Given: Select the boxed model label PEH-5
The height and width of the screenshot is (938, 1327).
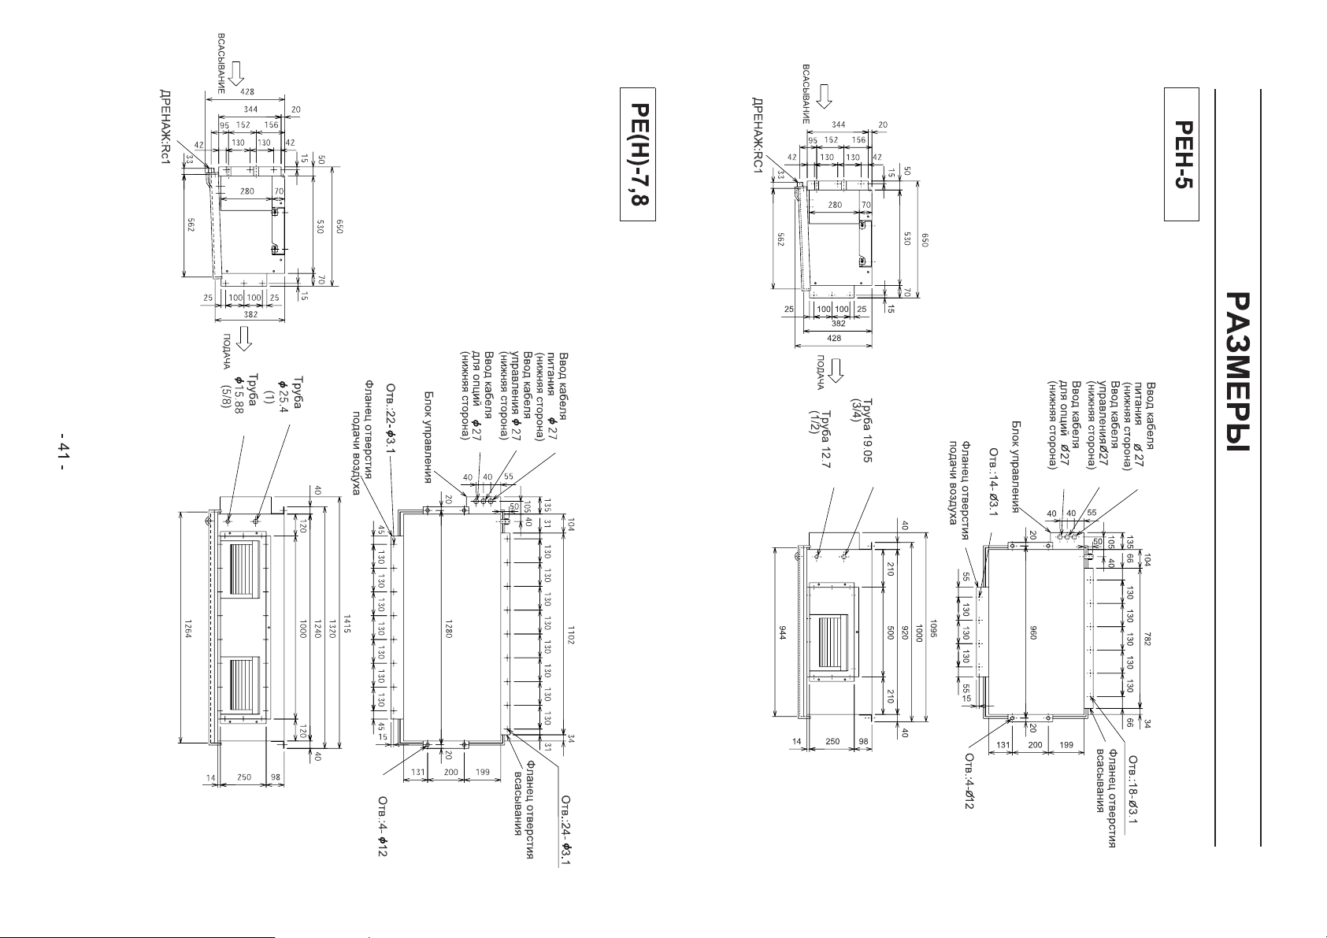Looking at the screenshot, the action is coord(1181,169).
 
